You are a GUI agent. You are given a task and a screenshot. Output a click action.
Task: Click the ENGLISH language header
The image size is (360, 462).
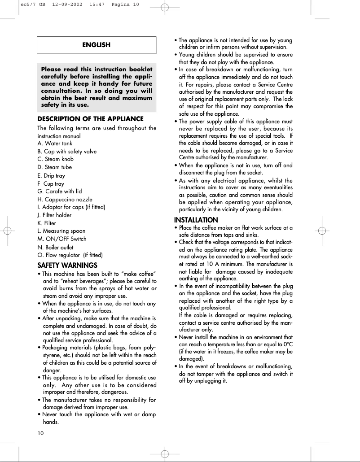pyautogui.click(x=97, y=45)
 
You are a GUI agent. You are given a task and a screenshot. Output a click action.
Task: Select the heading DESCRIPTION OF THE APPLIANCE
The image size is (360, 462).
pyautogui.click(x=90, y=119)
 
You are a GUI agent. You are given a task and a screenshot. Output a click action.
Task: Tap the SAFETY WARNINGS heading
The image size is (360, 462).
pyautogui.click(x=67, y=266)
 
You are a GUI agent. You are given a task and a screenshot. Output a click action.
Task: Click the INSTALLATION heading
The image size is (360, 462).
pyautogui.click(x=196, y=220)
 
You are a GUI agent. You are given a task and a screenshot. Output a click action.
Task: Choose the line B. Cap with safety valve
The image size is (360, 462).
pyautogui.click(x=67, y=152)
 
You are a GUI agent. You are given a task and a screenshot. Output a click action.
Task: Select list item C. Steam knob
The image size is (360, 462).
pyautogui.click(x=56, y=159)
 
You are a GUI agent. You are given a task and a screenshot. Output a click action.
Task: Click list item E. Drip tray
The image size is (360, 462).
pyautogui.click(x=51, y=176)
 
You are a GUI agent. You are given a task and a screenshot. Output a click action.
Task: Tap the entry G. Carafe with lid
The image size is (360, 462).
pyautogui.click(x=60, y=192)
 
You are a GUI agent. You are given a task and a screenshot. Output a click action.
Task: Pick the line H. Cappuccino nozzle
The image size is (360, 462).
pyautogui.click(x=65, y=200)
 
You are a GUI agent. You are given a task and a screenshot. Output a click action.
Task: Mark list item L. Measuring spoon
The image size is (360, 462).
pyautogui.click(x=61, y=231)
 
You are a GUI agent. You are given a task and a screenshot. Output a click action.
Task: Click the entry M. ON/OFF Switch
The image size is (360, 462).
pyautogui.click(x=62, y=239)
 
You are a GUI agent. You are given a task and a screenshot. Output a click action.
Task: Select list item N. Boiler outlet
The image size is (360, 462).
pyautogui.click(x=56, y=247)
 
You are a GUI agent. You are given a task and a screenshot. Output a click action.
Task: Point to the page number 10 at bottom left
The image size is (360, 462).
pyautogui.click(x=41, y=433)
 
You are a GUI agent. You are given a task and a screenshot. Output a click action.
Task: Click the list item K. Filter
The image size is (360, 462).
pyautogui.click(x=47, y=223)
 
